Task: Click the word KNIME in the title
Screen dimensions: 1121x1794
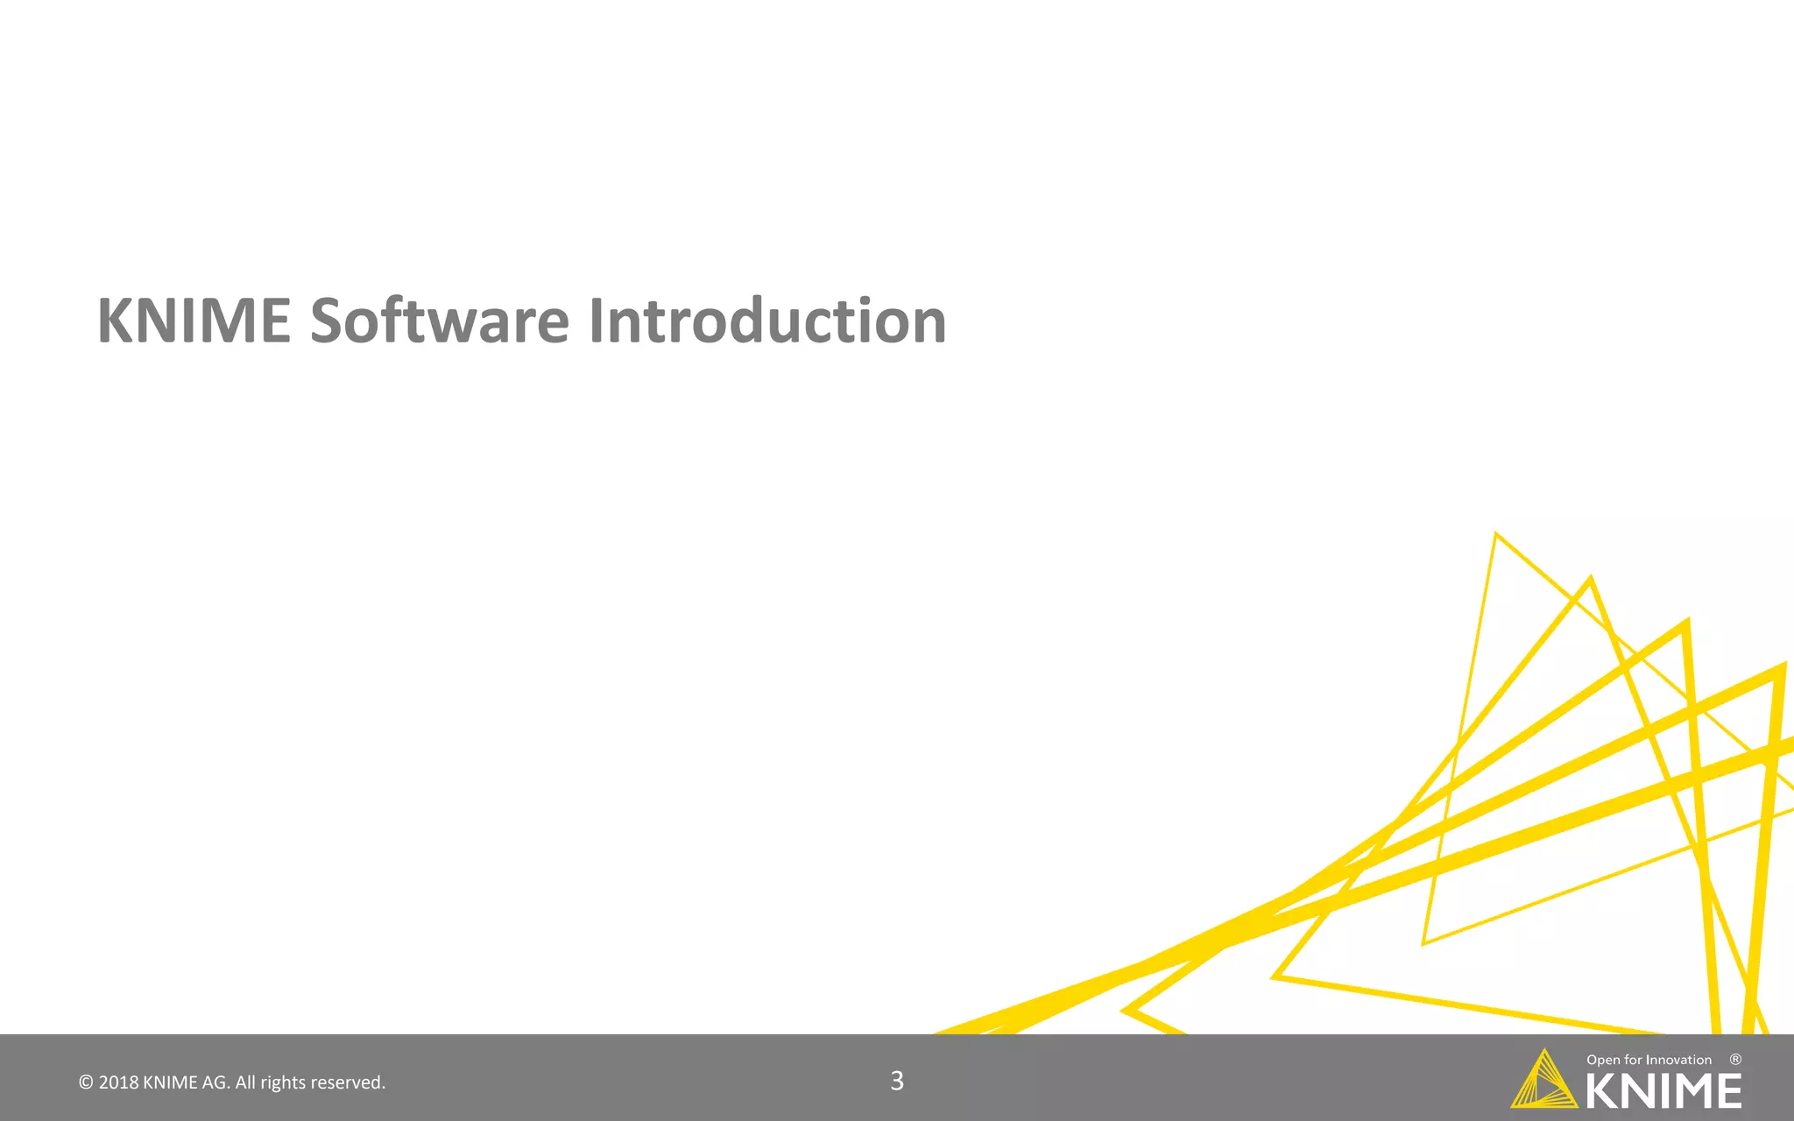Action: pos(194,321)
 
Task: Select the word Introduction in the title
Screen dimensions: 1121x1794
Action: pos(767,321)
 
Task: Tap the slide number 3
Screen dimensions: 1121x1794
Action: pos(897,1081)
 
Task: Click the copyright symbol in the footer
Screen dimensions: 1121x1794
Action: pos(86,1082)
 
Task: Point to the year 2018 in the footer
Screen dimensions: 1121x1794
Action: pos(118,1082)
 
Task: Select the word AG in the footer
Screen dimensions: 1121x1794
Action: pos(215,1082)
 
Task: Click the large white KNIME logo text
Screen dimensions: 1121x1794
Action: pos(1663,1091)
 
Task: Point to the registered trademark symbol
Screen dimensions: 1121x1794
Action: pos(1735,1060)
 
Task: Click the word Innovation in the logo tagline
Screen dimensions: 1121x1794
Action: pos(1678,1060)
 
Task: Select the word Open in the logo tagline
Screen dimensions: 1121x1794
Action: pos(1603,1060)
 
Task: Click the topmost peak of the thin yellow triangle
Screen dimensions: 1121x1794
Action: pos(1495,534)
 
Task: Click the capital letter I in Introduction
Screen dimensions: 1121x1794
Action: pos(597,321)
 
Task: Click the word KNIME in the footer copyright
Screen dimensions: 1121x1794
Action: pos(170,1082)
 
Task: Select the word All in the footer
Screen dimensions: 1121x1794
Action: pos(245,1082)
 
